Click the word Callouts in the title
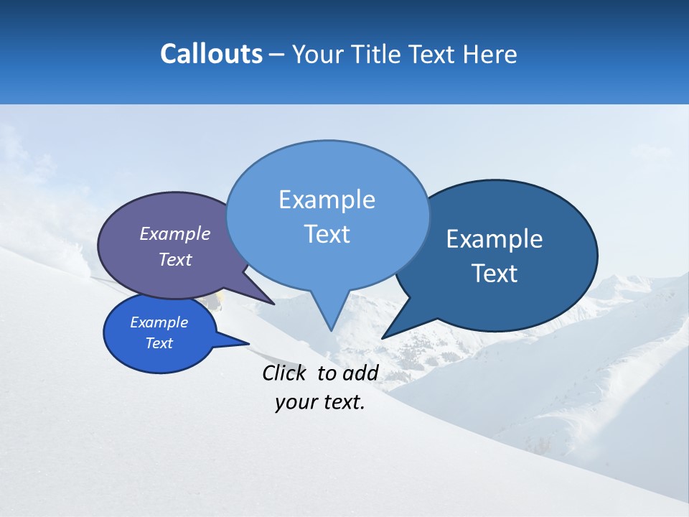(211, 55)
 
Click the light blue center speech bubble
(327, 258)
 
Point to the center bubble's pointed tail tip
(331, 330)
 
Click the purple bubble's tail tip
(273, 304)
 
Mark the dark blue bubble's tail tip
(383, 337)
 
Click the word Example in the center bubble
(327, 200)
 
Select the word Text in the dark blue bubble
(495, 273)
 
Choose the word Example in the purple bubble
(174, 233)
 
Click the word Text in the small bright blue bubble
(159, 343)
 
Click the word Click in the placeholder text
(285, 373)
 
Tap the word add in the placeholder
(360, 373)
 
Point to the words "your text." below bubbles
(320, 402)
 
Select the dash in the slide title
(278, 55)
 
